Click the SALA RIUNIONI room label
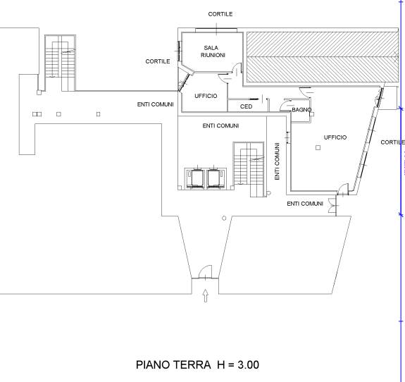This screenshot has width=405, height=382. coord(213,51)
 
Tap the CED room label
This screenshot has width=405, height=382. coord(246,106)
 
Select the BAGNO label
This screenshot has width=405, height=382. coord(301,110)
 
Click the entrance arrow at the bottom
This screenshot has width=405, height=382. coord(206,296)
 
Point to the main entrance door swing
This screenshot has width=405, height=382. coord(206,272)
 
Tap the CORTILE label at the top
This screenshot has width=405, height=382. coord(220,14)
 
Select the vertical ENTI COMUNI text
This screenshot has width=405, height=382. coord(277,161)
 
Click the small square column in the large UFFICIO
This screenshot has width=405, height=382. coord(318,147)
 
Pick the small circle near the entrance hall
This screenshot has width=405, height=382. coord(224,218)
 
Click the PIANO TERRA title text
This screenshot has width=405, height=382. coord(173,364)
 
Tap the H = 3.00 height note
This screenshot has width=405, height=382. coord(238,364)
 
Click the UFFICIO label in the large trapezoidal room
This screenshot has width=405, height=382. coord(335,137)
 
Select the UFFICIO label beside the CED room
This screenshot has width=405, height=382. coord(206,96)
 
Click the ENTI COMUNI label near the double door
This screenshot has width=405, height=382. coord(305,204)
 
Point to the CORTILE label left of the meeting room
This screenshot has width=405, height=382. coord(158,61)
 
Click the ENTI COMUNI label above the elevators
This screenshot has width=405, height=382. coord(220,125)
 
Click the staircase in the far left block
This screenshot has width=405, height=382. coord(60,63)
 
